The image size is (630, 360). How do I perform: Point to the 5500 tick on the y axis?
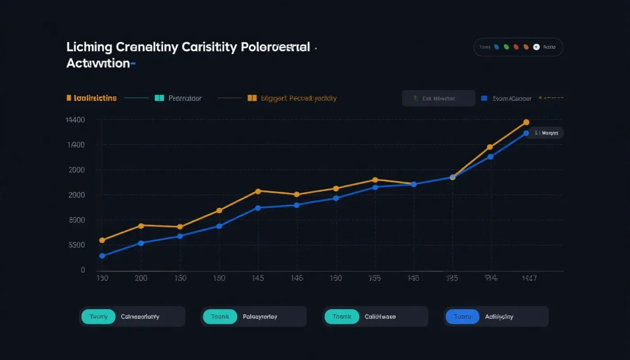[76, 245]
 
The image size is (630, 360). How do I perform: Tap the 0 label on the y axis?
[83, 270]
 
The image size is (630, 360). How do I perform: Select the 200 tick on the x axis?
[141, 278]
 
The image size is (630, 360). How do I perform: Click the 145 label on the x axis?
[257, 278]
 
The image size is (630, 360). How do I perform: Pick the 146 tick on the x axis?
[296, 278]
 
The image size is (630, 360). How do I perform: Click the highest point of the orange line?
[526, 122]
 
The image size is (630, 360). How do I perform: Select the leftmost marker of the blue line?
[102, 256]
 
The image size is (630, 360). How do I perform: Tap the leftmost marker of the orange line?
[102, 240]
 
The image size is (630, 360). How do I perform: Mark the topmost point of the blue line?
[526, 133]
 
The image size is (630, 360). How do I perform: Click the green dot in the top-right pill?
[506, 47]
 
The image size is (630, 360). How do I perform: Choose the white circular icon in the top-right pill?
[536, 47]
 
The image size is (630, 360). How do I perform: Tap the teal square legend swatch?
[159, 98]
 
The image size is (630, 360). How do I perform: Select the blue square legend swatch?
[484, 98]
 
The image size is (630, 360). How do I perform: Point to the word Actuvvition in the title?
[98, 63]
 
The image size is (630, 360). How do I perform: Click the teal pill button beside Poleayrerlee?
[219, 317]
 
